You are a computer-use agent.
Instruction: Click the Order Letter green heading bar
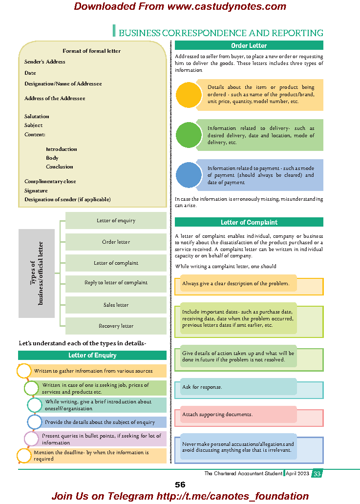249,45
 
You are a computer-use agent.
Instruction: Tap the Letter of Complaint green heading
249,222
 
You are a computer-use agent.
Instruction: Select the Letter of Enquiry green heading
92,355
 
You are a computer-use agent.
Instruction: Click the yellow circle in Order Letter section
188,95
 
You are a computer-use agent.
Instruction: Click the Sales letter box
116,305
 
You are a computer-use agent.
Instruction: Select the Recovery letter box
116,326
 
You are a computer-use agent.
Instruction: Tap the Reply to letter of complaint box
116,283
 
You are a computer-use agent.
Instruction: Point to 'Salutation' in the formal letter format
37,116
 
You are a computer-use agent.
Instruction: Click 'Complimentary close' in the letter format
50,181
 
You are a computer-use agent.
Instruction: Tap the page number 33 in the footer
317,473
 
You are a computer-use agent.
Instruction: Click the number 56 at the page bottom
180,484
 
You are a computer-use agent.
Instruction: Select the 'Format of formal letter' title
91,51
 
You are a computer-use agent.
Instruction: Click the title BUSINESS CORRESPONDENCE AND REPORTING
221,33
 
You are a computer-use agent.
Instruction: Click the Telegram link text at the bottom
180,496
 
